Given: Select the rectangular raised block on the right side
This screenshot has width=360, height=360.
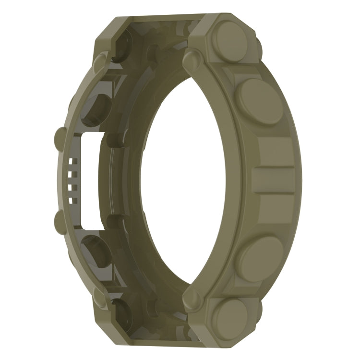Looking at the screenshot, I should tap(274, 180).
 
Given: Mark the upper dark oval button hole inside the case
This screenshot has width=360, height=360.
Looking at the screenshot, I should tap(96, 105).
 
